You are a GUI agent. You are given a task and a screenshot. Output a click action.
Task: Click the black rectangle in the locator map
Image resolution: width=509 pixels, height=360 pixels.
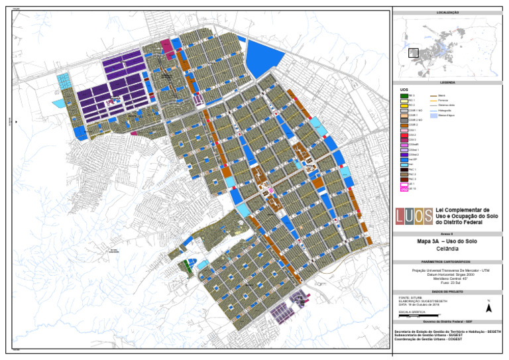point(414,52)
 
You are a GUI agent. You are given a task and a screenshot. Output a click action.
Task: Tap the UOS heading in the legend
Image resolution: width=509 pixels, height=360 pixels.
point(404,90)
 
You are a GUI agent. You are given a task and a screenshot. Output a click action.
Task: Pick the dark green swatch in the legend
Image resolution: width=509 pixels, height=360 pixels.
point(404,95)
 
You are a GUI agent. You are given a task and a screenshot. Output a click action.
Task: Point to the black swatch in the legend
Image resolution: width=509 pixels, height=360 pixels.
point(404,169)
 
